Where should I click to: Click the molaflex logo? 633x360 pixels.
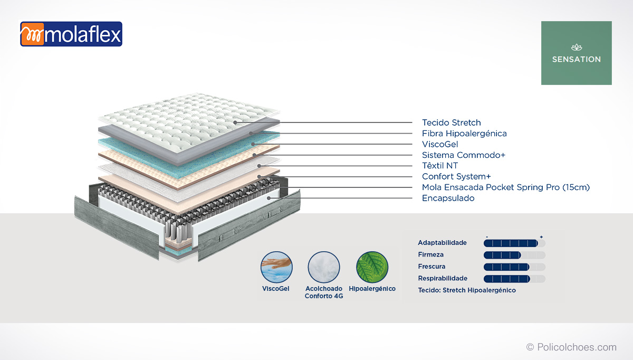[71, 34]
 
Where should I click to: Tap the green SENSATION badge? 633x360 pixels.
[577, 53]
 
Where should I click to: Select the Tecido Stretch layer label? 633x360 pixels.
[452, 122]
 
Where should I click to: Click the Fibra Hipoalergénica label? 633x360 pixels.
[464, 134]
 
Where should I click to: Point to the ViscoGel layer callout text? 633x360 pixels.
[440, 144]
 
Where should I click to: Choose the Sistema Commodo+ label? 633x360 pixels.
[464, 155]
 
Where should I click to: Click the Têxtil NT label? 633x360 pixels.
[440, 166]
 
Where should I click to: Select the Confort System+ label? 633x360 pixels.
[456, 176]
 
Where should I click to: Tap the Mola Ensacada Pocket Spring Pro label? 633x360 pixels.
[506, 187]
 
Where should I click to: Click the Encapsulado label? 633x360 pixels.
[448, 198]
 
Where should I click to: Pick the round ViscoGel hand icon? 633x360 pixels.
[276, 267]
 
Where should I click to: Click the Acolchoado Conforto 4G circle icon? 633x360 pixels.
[324, 267]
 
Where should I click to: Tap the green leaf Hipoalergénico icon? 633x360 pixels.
[372, 267]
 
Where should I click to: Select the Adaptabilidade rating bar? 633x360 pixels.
[514, 243]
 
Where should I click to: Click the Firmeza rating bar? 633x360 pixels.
[514, 255]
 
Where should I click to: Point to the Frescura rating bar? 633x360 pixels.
[514, 267]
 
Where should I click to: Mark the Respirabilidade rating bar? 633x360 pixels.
[514, 279]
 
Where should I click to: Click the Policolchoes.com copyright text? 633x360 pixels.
[571, 347]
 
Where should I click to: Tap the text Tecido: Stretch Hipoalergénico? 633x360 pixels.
[467, 290]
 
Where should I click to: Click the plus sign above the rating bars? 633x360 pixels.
[541, 237]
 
